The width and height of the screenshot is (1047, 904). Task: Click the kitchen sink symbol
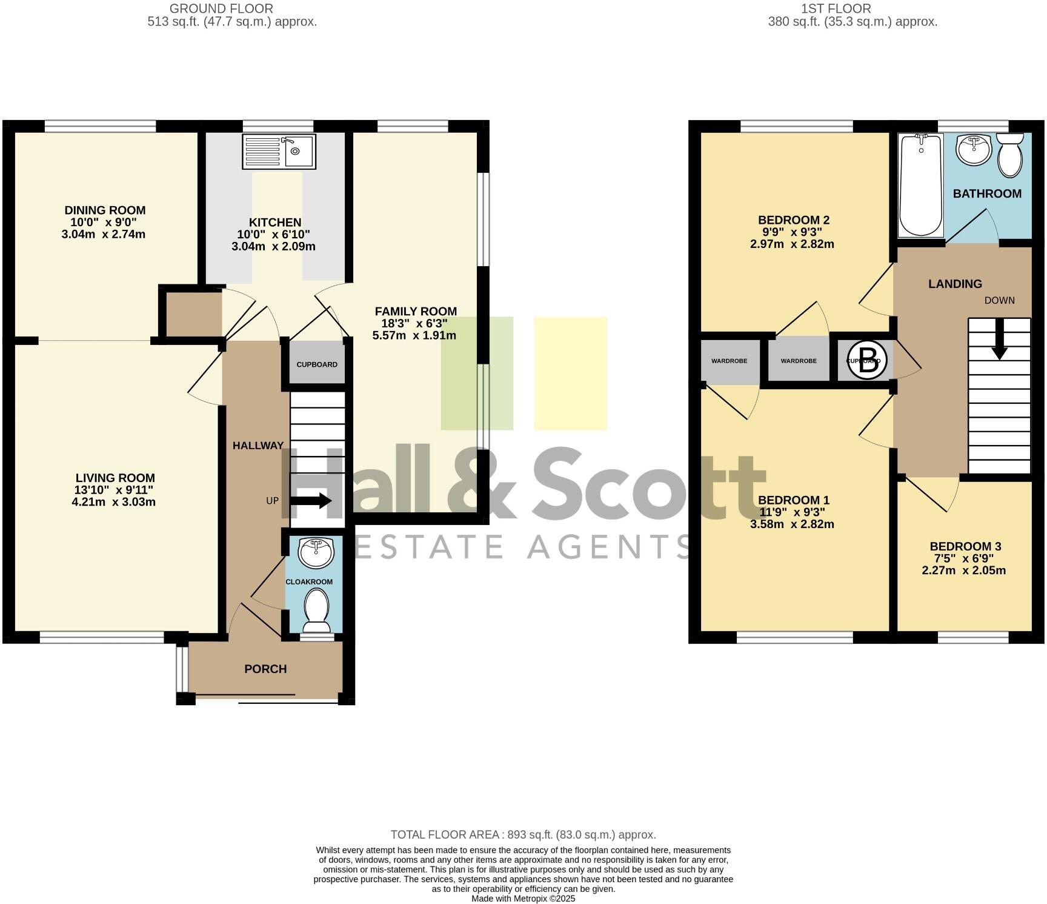279,151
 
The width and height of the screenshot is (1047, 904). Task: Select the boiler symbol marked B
867,360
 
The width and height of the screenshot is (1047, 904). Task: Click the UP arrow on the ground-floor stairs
311,501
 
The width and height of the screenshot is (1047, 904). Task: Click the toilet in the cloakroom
316,609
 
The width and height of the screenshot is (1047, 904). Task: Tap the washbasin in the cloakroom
316,552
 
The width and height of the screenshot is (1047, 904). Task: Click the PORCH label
265,669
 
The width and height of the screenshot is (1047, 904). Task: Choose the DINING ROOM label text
105,210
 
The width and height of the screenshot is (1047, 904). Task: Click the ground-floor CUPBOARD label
317,364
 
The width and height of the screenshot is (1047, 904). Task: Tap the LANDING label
955,284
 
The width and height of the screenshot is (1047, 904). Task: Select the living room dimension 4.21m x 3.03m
113,502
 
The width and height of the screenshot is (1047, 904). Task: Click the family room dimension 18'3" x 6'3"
415,323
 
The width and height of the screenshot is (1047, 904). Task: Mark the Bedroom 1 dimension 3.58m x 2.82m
792,524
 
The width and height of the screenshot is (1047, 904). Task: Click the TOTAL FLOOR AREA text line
523,834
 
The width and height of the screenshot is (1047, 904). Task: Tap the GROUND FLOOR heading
221,8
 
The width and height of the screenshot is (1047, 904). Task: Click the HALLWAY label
258,446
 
